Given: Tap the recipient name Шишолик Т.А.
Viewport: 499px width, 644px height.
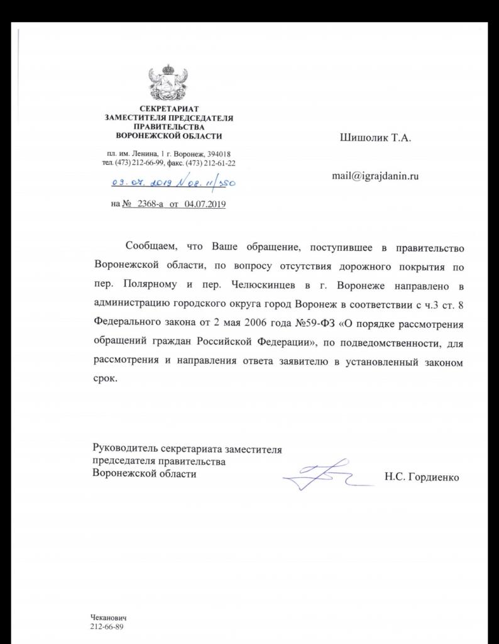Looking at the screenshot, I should pyautogui.click(x=375, y=138).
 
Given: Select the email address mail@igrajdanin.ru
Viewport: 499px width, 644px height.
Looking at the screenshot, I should pyautogui.click(x=375, y=176).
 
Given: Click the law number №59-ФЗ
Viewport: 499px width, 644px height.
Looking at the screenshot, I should pyautogui.click(x=300, y=328).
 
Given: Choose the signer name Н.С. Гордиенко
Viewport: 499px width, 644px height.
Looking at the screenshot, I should pyautogui.click(x=422, y=477).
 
